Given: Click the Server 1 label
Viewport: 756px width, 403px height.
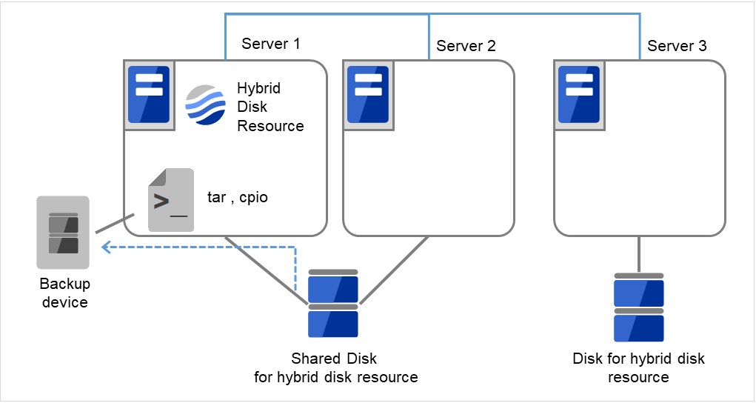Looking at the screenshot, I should pos(270,44).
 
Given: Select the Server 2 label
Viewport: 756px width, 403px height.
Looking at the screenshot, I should pos(466,46).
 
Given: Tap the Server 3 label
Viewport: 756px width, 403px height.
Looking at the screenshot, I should pos(677,46).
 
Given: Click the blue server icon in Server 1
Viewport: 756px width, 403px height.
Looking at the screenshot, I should pos(149,95).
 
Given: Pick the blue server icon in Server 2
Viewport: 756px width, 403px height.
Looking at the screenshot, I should pos(368,95).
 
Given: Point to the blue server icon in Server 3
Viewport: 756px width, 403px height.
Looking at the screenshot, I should pos(578,95).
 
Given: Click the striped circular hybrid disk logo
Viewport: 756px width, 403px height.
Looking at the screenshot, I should pos(205,106).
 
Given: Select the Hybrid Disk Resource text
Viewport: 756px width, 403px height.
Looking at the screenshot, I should pos(270,107).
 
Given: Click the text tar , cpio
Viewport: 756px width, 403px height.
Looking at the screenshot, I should pos(237,198).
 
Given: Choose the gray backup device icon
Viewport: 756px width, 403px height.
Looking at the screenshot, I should pos(63,233).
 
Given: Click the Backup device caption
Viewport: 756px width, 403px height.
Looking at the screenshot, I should pos(64,293).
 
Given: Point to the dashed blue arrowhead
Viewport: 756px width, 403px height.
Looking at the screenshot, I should pos(106,247).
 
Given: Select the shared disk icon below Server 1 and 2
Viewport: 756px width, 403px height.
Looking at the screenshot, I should pos(333,304).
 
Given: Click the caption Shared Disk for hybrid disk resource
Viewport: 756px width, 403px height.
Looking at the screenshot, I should pos(335,368).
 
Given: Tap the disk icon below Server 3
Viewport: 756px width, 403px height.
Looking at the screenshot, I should pos(639,307).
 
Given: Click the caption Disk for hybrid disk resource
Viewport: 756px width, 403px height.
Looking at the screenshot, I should pos(639,368).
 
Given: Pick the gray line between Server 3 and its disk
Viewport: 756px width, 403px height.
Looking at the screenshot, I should pos(639,254).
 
